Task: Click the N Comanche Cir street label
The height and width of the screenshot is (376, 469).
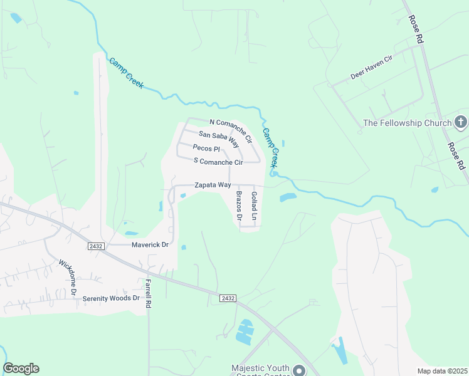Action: click(x=231, y=130)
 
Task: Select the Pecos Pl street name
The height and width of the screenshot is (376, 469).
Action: click(x=206, y=149)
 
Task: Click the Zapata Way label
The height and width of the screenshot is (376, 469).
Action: click(x=213, y=185)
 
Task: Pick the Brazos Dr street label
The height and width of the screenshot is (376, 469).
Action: click(x=239, y=207)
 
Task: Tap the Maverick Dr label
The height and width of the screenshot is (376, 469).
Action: click(x=150, y=244)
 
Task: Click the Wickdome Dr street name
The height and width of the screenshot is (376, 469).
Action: click(x=68, y=277)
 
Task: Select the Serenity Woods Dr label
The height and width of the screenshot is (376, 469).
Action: click(x=111, y=298)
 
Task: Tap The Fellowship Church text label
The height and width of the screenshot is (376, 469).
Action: click(x=408, y=123)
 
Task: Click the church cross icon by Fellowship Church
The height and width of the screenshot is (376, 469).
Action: click(x=461, y=122)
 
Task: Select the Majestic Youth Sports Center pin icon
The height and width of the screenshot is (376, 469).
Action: click(x=300, y=370)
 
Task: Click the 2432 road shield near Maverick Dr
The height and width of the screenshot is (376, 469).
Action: click(x=95, y=246)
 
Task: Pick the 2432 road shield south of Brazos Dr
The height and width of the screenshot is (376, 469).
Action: click(x=228, y=298)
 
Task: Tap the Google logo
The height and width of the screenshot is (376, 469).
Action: click(x=21, y=368)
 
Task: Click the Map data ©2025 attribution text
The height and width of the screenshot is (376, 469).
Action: click(x=442, y=371)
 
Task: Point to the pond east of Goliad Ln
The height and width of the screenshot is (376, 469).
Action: click(x=287, y=198)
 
